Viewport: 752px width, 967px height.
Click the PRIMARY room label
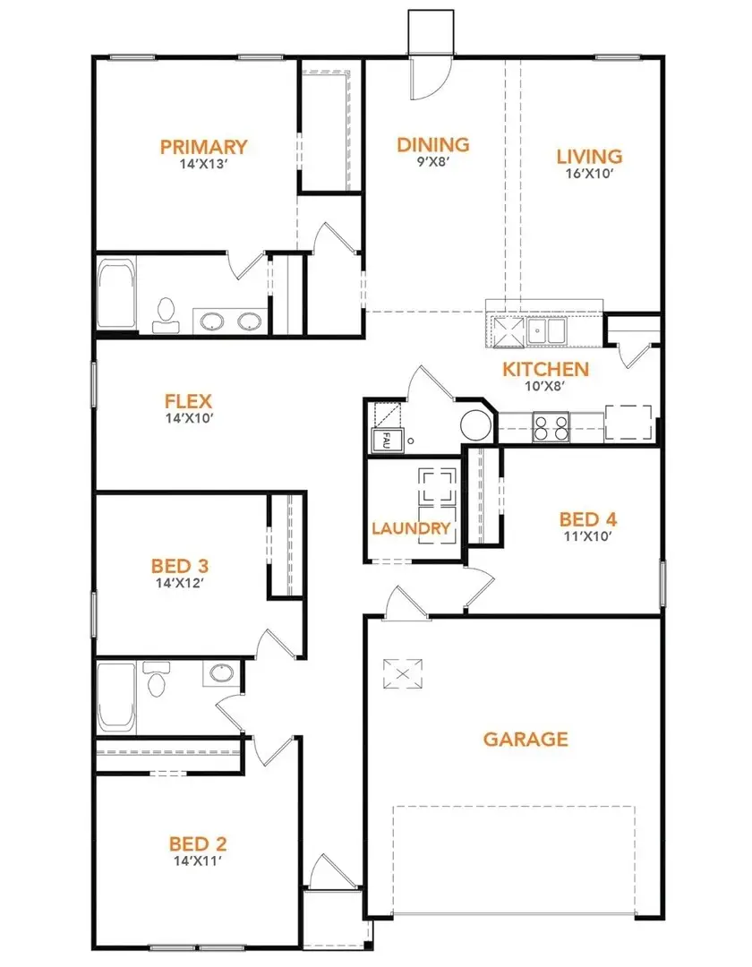tap(203, 147)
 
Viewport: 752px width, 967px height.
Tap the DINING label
tap(433, 144)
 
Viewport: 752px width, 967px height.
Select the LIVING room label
tap(589, 157)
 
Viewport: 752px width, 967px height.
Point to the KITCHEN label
tap(545, 369)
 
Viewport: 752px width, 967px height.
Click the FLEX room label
tap(188, 401)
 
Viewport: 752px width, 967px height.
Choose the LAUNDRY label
tap(411, 528)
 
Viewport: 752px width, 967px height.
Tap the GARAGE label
tap(526, 739)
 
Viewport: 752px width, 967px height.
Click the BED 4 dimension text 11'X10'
tap(588, 536)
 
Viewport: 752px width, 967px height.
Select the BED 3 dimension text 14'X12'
tap(180, 582)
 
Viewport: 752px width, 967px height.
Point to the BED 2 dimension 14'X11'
tap(197, 860)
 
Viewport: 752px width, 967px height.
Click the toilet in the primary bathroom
tap(164, 314)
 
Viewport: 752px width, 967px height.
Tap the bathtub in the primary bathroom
tap(115, 295)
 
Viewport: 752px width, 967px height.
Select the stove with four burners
tap(551, 428)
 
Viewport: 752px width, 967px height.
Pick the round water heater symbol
tap(476, 424)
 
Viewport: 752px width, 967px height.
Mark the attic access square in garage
tap(400, 673)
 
